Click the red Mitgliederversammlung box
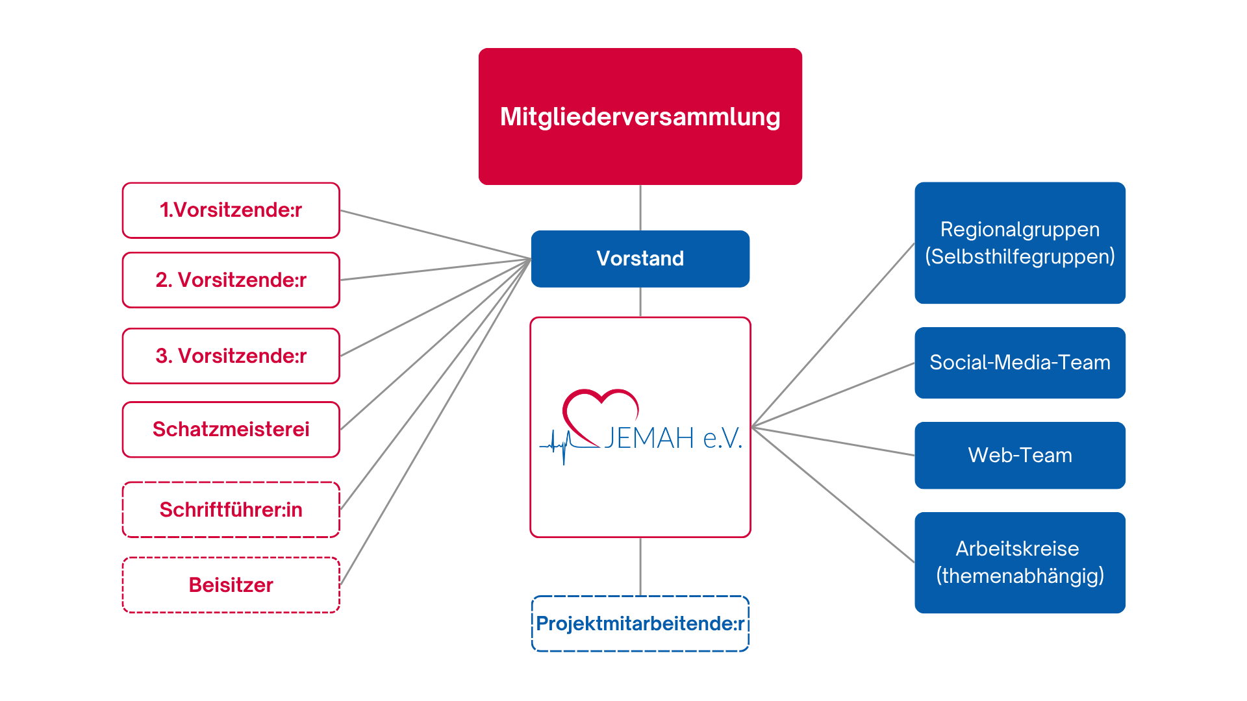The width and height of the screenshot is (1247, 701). (640, 117)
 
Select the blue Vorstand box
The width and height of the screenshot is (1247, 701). (640, 258)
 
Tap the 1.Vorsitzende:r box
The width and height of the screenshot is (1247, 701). (231, 210)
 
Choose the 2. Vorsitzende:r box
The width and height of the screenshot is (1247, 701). (231, 280)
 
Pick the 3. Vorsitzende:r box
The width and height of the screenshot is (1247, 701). (231, 356)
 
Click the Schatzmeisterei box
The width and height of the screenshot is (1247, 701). (231, 429)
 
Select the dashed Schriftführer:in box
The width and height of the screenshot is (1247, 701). (231, 510)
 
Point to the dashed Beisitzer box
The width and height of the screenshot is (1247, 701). (231, 585)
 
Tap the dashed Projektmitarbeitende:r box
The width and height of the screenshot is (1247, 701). (640, 624)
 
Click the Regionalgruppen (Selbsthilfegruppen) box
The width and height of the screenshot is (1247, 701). (1020, 243)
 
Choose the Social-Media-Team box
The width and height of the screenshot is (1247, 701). (1020, 362)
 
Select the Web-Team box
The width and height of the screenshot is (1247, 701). (1020, 455)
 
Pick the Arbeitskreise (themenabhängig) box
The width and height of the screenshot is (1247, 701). (1020, 562)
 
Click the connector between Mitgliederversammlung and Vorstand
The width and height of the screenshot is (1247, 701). (640, 208)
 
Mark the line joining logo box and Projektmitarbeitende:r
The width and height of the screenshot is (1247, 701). (640, 566)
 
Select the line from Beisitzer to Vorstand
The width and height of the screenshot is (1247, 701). (435, 423)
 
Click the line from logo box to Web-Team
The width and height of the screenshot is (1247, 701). (833, 441)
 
